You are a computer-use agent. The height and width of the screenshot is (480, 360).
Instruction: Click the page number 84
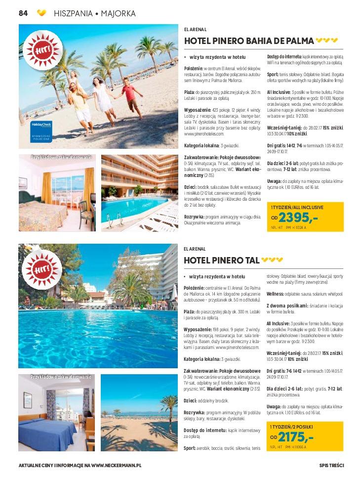[x=23, y=13]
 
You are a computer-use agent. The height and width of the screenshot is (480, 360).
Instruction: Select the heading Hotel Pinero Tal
[x=221, y=260]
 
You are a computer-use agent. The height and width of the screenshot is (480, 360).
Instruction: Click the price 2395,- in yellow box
[x=298, y=218]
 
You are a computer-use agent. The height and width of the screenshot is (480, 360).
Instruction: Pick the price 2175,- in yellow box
[x=296, y=437]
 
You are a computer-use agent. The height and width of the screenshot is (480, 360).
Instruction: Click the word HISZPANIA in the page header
[x=74, y=13]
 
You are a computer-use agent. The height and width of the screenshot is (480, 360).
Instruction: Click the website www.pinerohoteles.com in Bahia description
[x=204, y=133]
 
